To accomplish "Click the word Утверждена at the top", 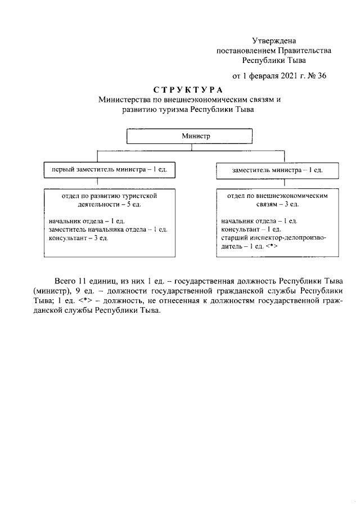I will [273, 40].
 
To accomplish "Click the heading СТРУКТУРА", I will [188, 90].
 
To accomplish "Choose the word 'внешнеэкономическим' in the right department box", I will [290, 195].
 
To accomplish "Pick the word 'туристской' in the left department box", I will [137, 195].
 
